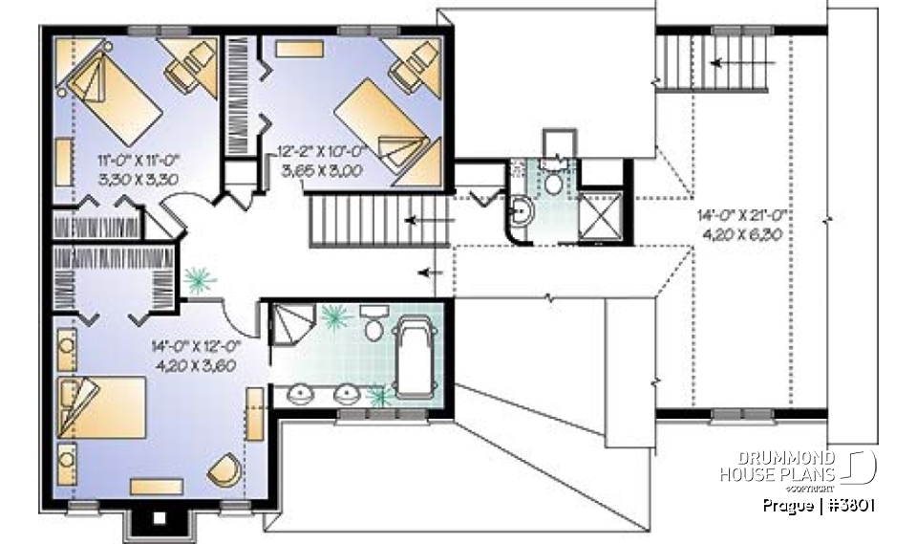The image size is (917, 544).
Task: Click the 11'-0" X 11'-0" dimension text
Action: pyautogui.click(x=139, y=160)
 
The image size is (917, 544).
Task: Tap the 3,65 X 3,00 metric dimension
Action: pyautogui.click(x=316, y=168)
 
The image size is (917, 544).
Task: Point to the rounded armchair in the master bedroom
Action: pyautogui.click(x=225, y=469)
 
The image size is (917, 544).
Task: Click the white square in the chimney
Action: pyautogui.click(x=160, y=520)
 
